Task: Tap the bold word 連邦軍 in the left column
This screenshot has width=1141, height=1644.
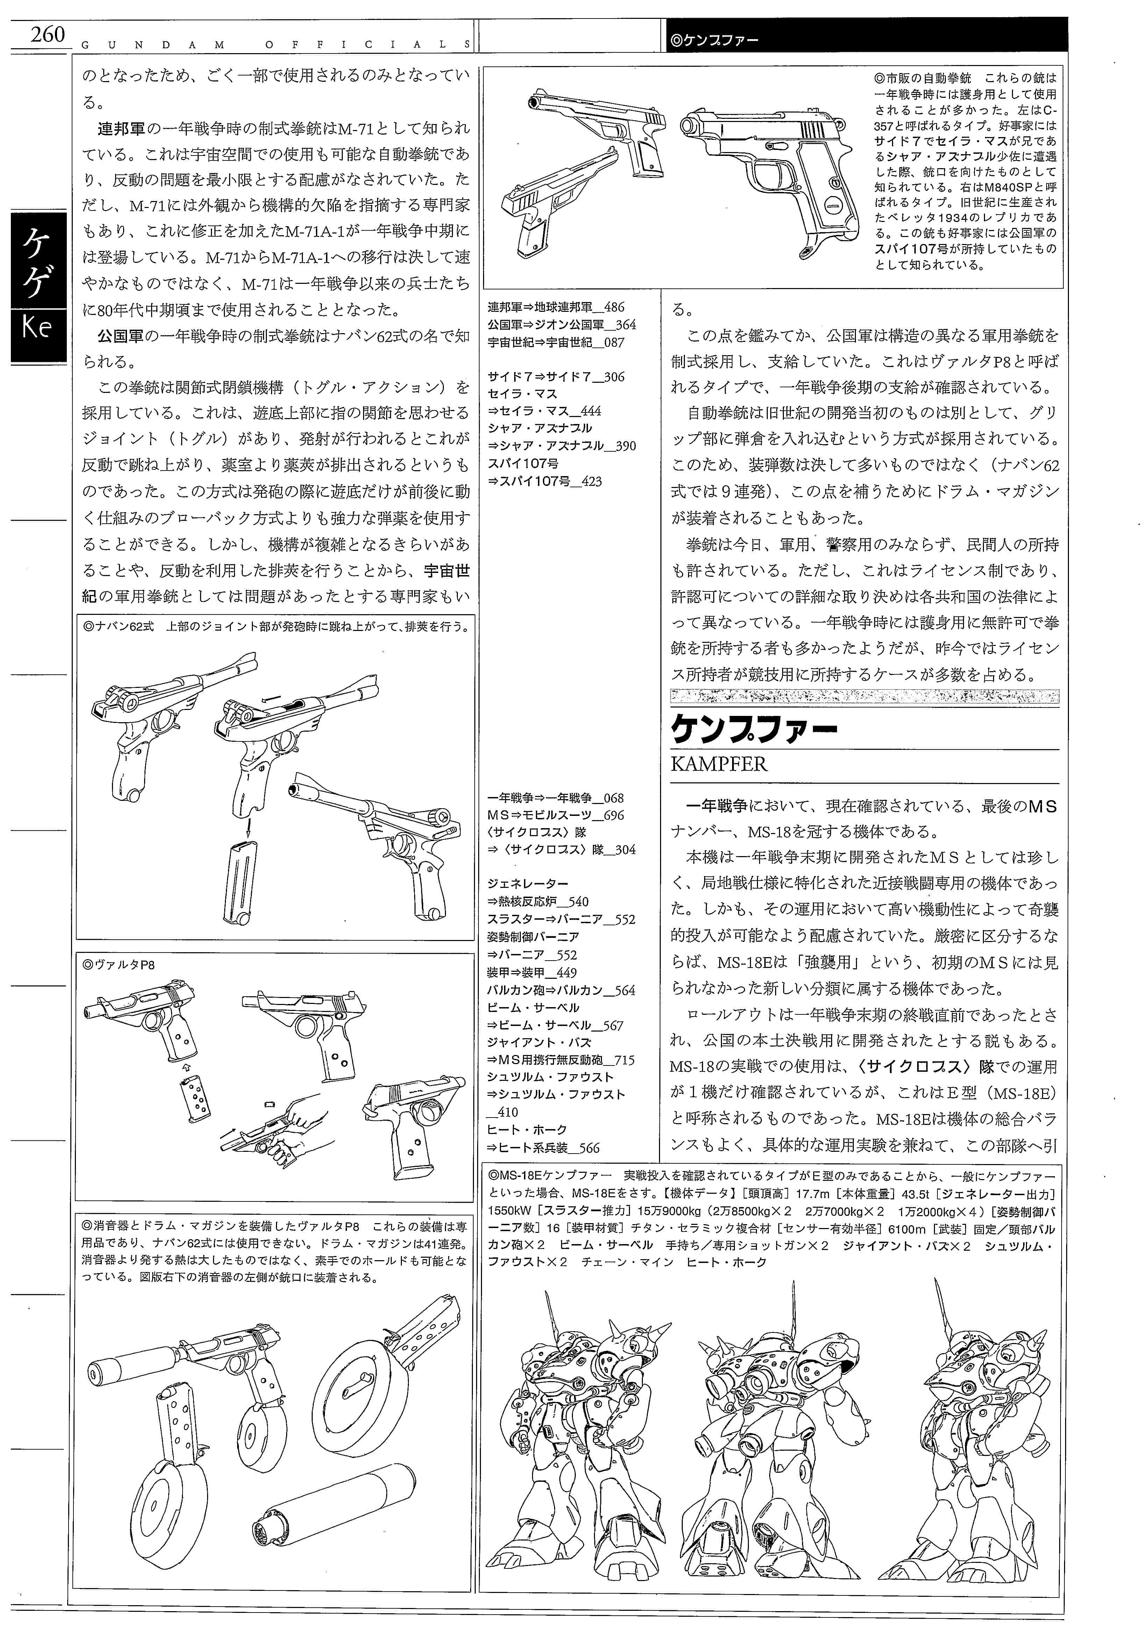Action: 121,129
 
